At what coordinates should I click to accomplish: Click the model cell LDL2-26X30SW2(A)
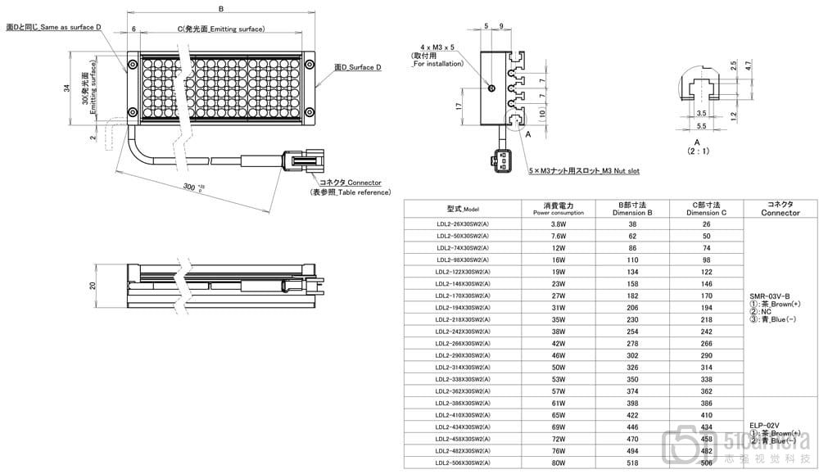463,223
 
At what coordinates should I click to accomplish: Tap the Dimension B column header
632,208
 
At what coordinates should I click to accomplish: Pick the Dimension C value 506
707,463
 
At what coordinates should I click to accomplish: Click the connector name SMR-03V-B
769,295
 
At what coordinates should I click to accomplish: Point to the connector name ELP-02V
764,424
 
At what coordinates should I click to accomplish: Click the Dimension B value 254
632,332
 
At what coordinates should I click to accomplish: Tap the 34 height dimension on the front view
68,88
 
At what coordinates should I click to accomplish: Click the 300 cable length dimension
190,187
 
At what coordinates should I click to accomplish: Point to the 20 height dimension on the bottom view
93,286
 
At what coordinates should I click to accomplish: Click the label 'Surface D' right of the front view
358,68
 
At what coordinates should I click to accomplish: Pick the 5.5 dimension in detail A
700,126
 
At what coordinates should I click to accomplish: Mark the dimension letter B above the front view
221,9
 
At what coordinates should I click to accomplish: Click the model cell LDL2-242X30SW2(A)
463,332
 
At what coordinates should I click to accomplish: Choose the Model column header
464,208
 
